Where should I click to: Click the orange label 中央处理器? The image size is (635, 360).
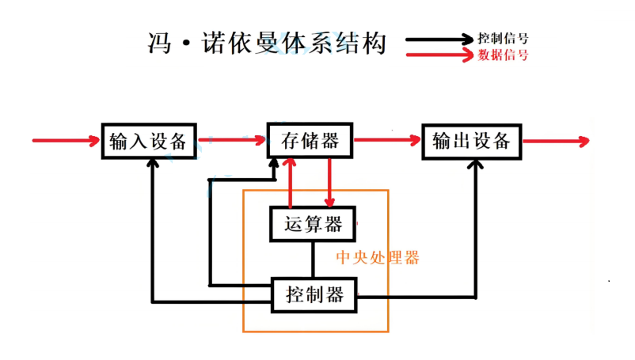pyautogui.click(x=378, y=258)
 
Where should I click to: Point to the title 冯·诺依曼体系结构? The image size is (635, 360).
pyautogui.click(x=267, y=43)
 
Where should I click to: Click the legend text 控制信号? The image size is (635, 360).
pyautogui.click(x=503, y=39)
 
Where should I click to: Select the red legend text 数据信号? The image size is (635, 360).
pyautogui.click(x=503, y=55)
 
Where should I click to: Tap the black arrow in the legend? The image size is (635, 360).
pyautogui.click(x=439, y=40)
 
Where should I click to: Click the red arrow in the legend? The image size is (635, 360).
pyautogui.click(x=439, y=55)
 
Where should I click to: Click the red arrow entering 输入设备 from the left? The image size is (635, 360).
pyautogui.click(x=66, y=140)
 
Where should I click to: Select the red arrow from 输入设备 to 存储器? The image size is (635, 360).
pyautogui.click(x=232, y=140)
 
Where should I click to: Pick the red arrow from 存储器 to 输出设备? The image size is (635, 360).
pyautogui.click(x=387, y=140)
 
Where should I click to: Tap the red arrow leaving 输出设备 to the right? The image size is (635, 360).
pyautogui.click(x=556, y=141)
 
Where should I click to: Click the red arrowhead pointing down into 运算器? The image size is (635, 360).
pyautogui.click(x=329, y=203)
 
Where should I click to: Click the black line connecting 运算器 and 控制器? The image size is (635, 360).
pyautogui.click(x=313, y=260)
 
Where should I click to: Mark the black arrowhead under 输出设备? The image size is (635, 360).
pyautogui.click(x=475, y=165)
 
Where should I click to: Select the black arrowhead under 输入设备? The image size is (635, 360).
pyautogui.click(x=153, y=163)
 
